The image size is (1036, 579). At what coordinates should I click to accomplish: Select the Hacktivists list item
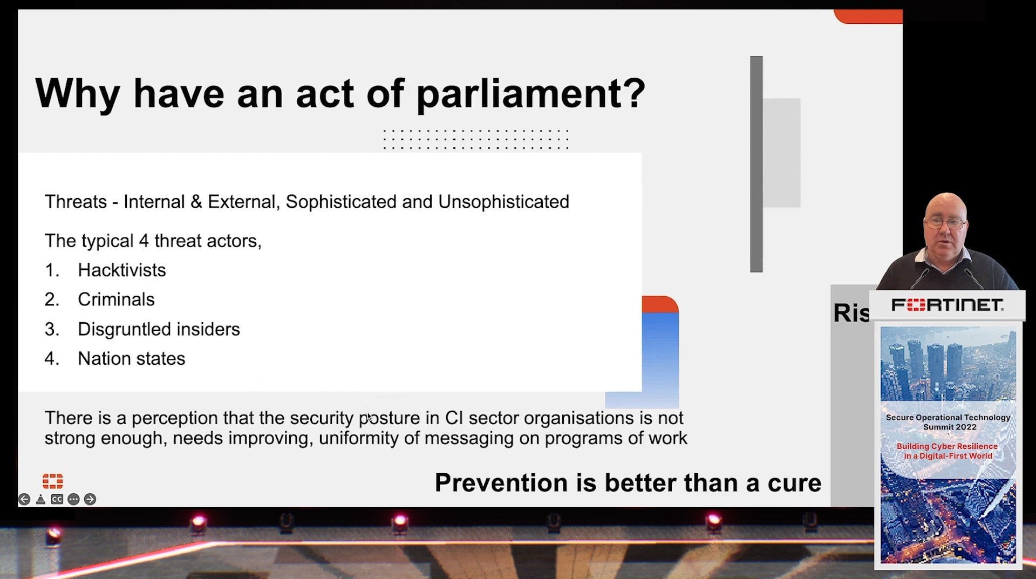pyautogui.click(x=121, y=270)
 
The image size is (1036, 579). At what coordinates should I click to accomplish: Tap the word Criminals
pyautogui.click(x=116, y=299)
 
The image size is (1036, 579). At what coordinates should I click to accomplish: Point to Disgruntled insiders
pyautogui.click(x=159, y=329)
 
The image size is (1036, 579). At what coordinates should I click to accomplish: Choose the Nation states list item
pyautogui.click(x=131, y=358)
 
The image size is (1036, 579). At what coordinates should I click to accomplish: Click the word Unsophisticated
pyautogui.click(x=503, y=202)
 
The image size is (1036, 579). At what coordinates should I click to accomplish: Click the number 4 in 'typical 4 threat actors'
pyautogui.click(x=144, y=241)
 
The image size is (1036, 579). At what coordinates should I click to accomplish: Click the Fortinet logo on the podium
pyautogui.click(x=947, y=305)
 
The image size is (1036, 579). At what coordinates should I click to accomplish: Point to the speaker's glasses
pyautogui.click(x=945, y=223)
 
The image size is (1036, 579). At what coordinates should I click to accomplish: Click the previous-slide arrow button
pyautogui.click(x=24, y=499)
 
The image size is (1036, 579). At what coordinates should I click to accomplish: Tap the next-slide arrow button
pyautogui.click(x=90, y=499)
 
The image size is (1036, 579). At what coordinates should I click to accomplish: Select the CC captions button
pyautogui.click(x=57, y=499)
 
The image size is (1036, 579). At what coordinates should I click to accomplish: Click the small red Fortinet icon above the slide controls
pyautogui.click(x=52, y=481)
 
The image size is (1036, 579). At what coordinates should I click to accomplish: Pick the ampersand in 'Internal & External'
pyautogui.click(x=196, y=202)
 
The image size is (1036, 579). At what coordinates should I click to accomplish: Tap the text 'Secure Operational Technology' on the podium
pyautogui.click(x=948, y=417)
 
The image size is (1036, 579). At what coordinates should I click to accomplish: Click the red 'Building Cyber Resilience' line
pyautogui.click(x=947, y=446)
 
